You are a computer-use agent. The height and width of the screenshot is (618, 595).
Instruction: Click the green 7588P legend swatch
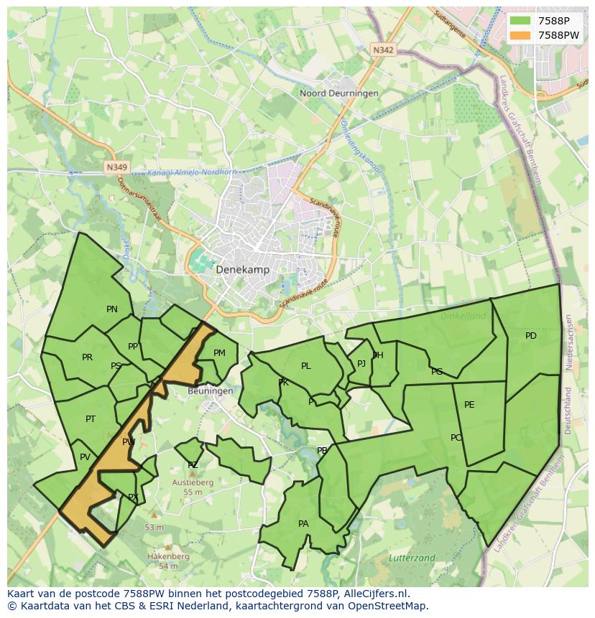pos(521,21)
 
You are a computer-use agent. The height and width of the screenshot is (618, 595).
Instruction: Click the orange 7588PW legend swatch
pos(521,35)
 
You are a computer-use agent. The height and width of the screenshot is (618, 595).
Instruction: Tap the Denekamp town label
pos(242,270)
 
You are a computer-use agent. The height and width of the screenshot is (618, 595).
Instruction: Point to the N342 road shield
pos(383,50)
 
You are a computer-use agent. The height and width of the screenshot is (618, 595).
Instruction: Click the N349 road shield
pos(116,167)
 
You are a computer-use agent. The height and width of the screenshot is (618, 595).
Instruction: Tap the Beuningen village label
pos(210,391)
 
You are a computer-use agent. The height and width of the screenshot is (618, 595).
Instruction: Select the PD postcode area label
pos(530,336)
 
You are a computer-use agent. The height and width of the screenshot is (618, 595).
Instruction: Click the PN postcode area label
pos(112,309)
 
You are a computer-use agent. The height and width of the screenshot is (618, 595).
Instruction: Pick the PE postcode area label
pos(469,405)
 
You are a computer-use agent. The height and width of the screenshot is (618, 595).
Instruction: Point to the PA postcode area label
pos(303,524)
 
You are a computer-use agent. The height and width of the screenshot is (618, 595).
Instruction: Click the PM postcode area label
pos(219,352)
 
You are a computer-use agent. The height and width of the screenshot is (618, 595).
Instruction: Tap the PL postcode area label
pos(306,366)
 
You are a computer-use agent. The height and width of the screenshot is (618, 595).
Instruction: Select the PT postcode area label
pos(91,419)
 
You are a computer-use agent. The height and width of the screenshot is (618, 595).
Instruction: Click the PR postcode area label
pos(87,357)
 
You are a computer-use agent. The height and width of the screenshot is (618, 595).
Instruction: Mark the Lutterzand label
pos(412,558)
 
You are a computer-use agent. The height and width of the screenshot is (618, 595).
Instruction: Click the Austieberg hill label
pos(192,483)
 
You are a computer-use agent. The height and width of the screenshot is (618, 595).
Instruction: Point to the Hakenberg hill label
pos(168,556)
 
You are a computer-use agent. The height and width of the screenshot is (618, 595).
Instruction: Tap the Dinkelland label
pos(463,316)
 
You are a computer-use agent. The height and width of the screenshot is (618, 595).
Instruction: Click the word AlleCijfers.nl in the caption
pos(374,594)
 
